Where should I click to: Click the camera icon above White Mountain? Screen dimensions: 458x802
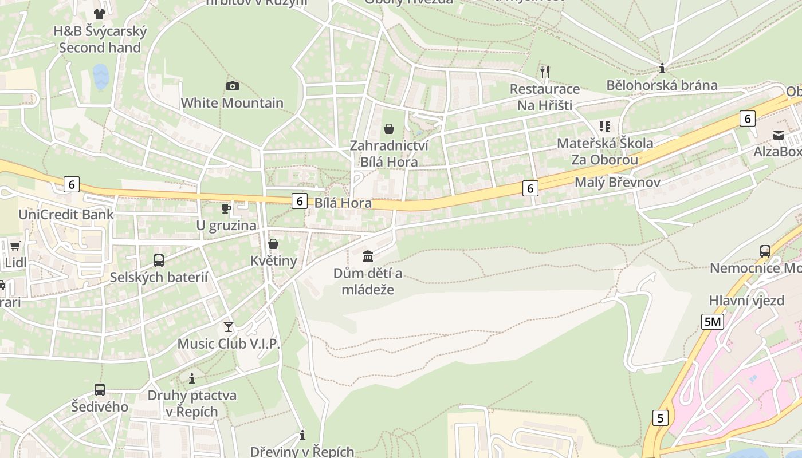(232, 86)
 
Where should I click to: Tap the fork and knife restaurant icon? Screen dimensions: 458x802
(544, 72)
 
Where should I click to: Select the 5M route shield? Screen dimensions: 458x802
(712, 322)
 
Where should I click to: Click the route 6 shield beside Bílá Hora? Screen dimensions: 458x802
(299, 201)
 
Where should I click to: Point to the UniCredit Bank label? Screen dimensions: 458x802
(66, 215)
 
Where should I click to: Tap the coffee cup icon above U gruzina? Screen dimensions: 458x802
(226, 208)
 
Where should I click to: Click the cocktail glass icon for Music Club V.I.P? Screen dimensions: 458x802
(229, 327)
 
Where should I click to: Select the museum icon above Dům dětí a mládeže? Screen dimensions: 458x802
(368, 256)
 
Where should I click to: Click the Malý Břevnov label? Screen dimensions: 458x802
(617, 183)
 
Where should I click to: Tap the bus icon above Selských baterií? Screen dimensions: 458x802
(159, 260)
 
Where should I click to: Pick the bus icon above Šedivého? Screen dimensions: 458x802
(100, 390)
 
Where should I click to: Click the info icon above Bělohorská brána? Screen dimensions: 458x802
(662, 69)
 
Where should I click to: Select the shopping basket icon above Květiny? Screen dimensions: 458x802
(273, 244)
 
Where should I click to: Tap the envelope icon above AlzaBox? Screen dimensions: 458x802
(779, 135)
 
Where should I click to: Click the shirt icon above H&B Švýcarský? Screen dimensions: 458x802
(100, 14)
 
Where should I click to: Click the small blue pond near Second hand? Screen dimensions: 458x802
(101, 77)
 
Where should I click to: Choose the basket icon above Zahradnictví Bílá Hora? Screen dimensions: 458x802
(389, 129)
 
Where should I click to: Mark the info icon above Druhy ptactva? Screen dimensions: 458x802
(192, 378)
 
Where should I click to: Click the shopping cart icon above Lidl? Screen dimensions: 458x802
(15, 246)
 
